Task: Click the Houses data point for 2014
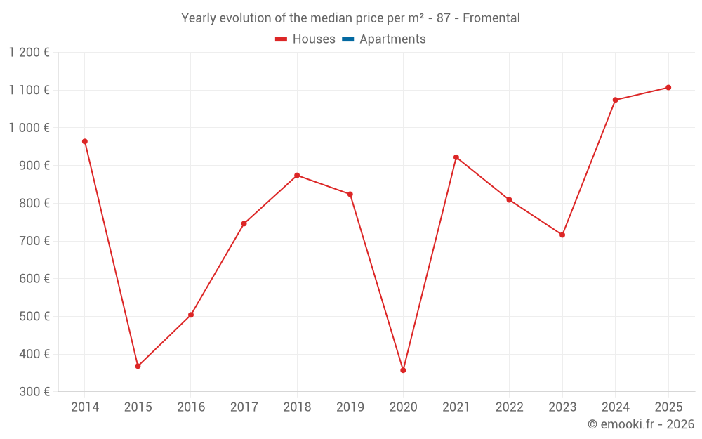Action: [85, 141]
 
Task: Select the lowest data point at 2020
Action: [403, 370]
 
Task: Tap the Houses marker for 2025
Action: [668, 88]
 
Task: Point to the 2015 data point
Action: [138, 366]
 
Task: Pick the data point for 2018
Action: [297, 175]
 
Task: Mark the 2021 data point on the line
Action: [456, 157]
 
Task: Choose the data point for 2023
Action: [562, 235]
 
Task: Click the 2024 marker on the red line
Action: [615, 100]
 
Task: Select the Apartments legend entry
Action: [392, 39]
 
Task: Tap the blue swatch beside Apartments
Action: [348, 39]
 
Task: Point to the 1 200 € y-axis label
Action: [29, 52]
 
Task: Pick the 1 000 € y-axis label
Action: [29, 128]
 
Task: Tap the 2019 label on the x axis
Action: [350, 407]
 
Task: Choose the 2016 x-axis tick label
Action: [191, 407]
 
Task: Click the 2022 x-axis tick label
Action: [509, 407]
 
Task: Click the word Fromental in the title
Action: [491, 18]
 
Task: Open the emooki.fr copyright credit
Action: [640, 424]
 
